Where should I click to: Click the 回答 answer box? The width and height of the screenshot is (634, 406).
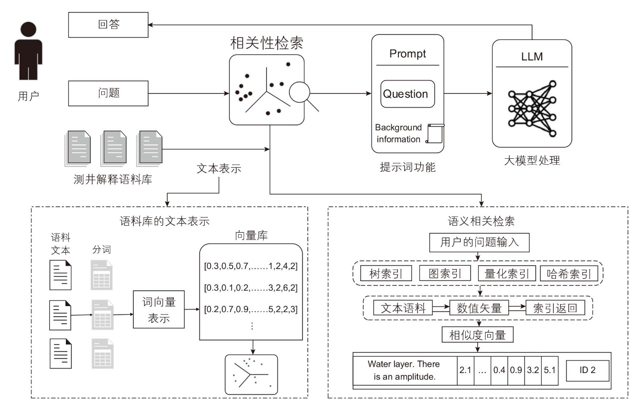tap(108, 24)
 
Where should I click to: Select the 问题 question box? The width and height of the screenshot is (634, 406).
tap(108, 93)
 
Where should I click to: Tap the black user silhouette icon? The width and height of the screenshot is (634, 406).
tap(28, 51)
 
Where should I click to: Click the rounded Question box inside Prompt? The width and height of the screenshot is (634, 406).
tap(407, 94)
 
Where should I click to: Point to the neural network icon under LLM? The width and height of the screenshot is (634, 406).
tap(532, 109)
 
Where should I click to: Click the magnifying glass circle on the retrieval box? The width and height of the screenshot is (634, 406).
tap(299, 92)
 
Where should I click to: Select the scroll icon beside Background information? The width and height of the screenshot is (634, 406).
tap(435, 133)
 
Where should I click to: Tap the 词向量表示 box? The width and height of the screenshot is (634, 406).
tap(159, 309)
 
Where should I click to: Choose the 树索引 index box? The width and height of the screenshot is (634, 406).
tap(386, 273)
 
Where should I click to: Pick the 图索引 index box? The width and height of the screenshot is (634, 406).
tap(445, 273)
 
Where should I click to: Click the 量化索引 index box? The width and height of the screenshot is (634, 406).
tap(507, 273)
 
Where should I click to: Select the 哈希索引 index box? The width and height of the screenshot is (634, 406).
tap(569, 273)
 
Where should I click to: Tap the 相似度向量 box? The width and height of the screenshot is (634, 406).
tap(477, 335)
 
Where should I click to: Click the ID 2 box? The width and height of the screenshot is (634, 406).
tap(588, 371)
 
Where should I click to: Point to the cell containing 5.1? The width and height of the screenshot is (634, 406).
tap(550, 371)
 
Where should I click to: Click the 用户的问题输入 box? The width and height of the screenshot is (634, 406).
tap(479, 242)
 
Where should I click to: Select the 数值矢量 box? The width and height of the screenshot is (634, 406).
tap(479, 308)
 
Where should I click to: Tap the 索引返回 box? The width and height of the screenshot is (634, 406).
tap(555, 308)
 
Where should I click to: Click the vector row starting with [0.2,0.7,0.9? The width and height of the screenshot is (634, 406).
tap(251, 309)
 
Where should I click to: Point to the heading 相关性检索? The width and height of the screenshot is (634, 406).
tap(267, 43)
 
